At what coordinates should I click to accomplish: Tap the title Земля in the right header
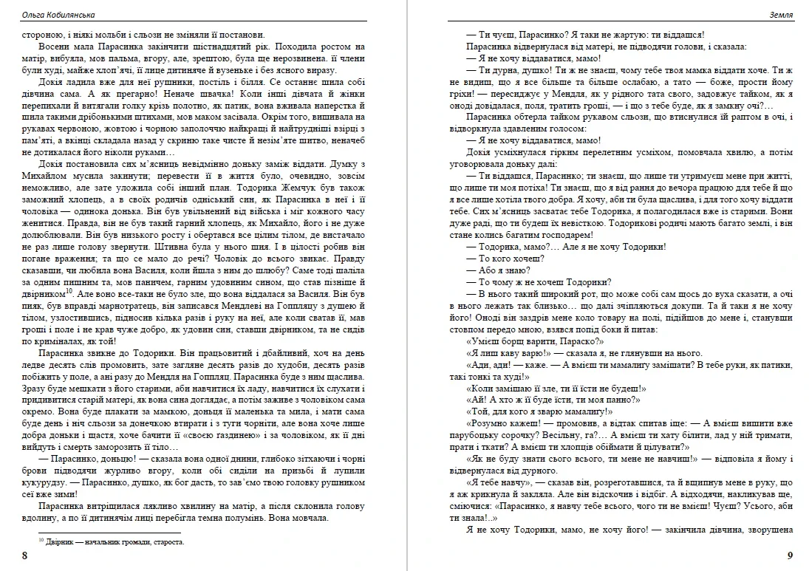(782, 15)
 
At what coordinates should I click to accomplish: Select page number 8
(25, 555)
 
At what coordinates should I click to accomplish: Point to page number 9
(790, 555)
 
